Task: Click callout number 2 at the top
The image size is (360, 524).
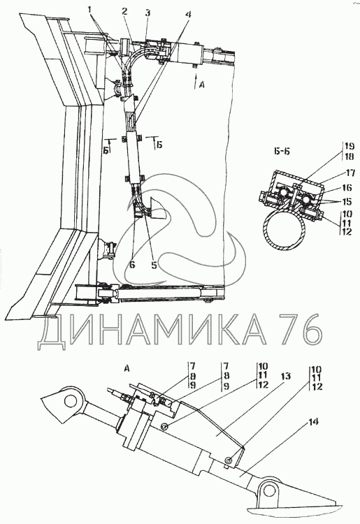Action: pyautogui.click(x=124, y=12)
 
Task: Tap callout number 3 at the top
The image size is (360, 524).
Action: pyautogui.click(x=147, y=13)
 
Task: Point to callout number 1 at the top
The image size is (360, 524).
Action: pyautogui.click(x=89, y=10)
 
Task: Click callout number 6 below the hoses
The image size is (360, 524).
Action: pyautogui.click(x=132, y=265)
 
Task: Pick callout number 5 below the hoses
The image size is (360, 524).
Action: pyautogui.click(x=154, y=265)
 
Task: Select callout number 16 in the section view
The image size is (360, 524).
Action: pyautogui.click(x=347, y=188)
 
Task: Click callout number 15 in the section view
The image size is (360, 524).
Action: pyautogui.click(x=346, y=201)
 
